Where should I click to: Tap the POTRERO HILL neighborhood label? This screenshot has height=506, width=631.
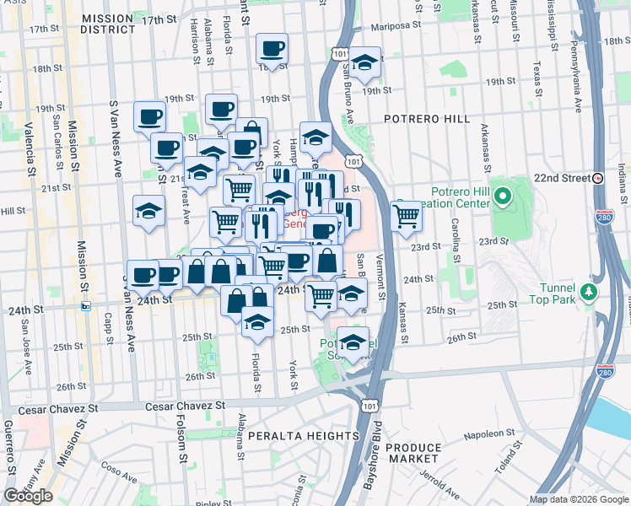point(427,119)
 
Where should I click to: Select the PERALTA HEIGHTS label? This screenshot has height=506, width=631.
point(304,435)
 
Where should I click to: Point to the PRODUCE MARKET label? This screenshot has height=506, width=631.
point(413,453)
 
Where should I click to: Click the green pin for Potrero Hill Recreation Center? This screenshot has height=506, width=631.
point(504,198)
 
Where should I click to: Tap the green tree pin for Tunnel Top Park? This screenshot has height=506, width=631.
point(588,292)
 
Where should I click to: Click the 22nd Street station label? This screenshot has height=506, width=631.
point(562,179)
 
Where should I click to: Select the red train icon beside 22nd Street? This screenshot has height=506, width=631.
point(597,179)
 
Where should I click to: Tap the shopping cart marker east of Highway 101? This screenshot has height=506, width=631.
point(407,216)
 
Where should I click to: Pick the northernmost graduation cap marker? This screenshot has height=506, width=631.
point(364,62)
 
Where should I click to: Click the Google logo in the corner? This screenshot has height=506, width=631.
point(28,496)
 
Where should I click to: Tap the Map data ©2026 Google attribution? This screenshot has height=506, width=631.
point(579,499)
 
